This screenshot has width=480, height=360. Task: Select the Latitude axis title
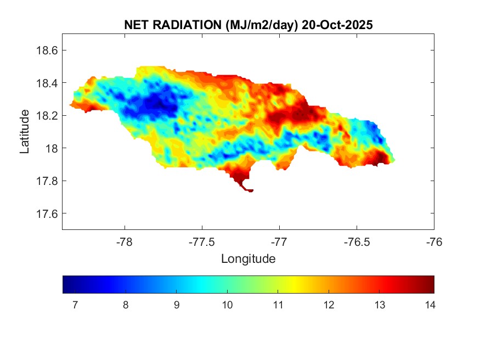25,131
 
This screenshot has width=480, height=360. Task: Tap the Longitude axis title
248,258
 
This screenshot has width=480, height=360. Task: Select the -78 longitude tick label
125,241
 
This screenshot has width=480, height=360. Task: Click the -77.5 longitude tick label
202,241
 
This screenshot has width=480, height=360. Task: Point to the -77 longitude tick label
279,241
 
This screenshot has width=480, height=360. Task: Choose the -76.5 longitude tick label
357,241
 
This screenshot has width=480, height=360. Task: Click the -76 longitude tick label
434,241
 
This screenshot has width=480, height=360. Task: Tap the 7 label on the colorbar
74,305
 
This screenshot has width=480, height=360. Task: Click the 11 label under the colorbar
278,305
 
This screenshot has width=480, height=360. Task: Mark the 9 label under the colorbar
176,305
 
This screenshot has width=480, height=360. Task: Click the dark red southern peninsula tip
250,190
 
